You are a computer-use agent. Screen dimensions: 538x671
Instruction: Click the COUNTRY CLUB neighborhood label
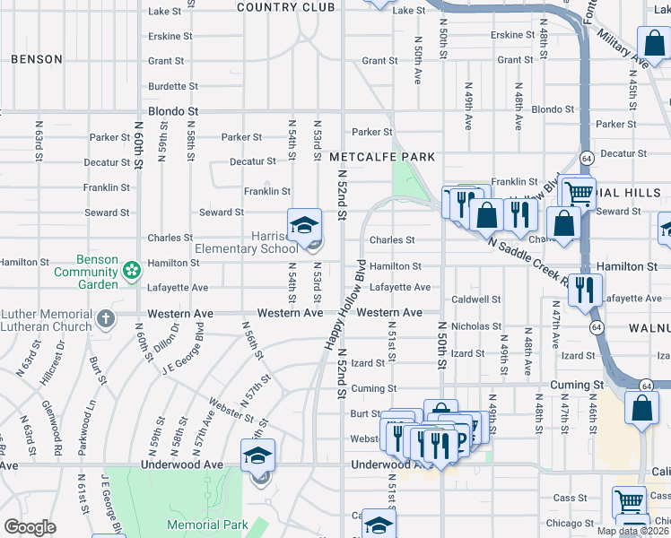coord(278,7)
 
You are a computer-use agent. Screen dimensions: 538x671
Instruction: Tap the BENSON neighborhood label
coord(37,59)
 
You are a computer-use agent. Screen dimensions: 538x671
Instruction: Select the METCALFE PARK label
coord(381,157)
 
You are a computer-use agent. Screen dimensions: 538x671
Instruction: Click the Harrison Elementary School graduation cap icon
coord(304,224)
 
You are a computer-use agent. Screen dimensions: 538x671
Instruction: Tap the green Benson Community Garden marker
coord(132,269)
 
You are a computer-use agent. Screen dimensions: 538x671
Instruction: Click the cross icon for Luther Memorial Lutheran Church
coord(106,318)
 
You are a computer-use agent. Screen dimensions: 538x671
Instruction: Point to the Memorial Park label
coord(206,525)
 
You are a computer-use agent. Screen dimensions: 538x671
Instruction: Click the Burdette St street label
coord(166,86)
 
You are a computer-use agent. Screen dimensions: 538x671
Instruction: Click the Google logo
coord(30,527)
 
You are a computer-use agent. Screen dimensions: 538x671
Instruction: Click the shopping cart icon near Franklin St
coord(579,191)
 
